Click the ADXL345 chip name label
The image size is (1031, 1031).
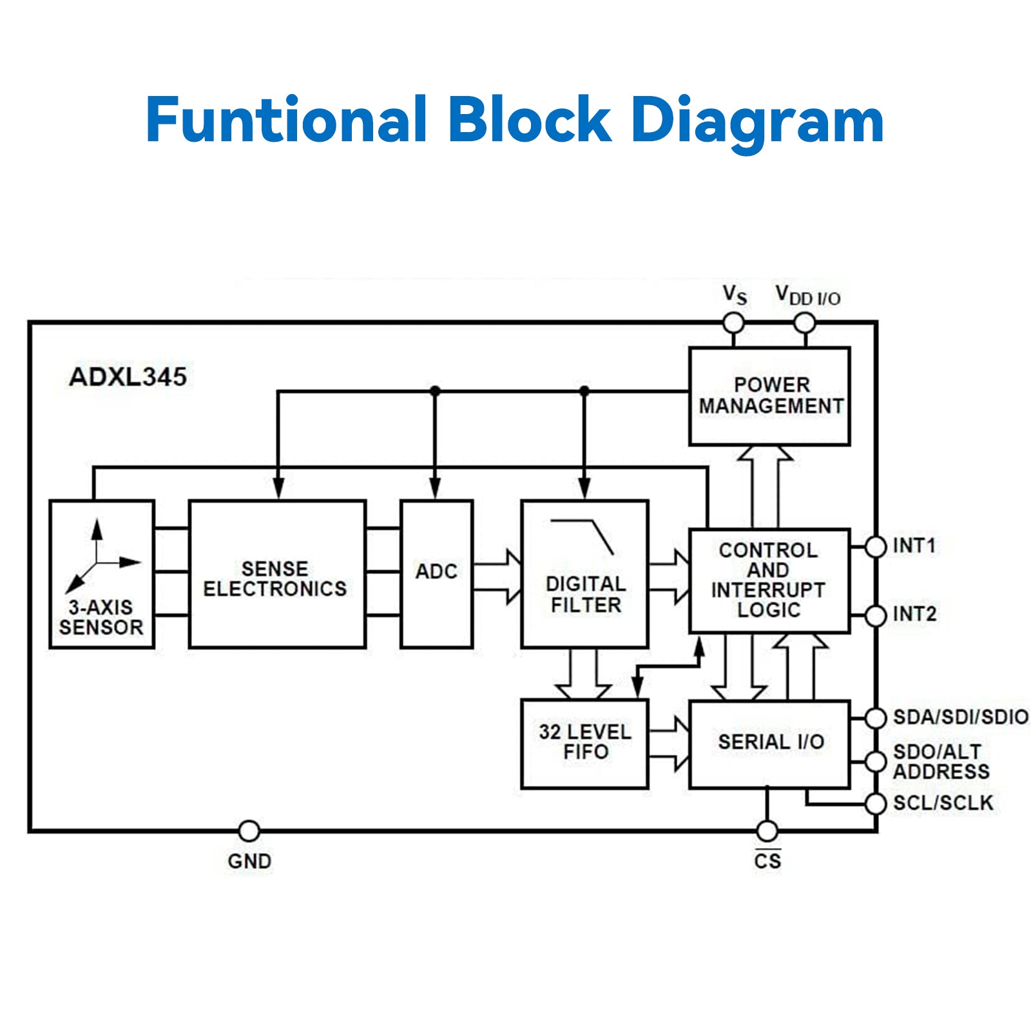(x=128, y=377)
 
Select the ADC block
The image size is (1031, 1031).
(x=436, y=573)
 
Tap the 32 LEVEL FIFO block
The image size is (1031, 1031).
(x=584, y=743)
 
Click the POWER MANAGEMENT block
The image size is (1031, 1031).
(x=769, y=396)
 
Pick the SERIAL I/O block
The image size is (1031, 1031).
(x=769, y=743)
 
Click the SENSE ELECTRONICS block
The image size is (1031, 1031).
(x=277, y=573)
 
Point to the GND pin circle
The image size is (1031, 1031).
(x=249, y=831)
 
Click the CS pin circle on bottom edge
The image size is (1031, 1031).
(x=767, y=831)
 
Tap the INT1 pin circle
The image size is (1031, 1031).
(x=876, y=546)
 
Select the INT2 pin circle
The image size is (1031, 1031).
(x=876, y=615)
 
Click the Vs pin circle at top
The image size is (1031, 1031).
(x=733, y=322)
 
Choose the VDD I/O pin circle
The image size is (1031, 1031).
(x=804, y=322)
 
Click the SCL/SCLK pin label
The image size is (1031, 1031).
(x=943, y=803)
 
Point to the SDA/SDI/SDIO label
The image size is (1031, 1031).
(x=960, y=717)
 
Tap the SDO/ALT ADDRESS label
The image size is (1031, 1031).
(x=941, y=762)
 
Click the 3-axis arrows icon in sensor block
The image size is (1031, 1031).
(x=100, y=555)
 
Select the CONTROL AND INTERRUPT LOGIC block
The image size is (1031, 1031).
(x=769, y=581)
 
